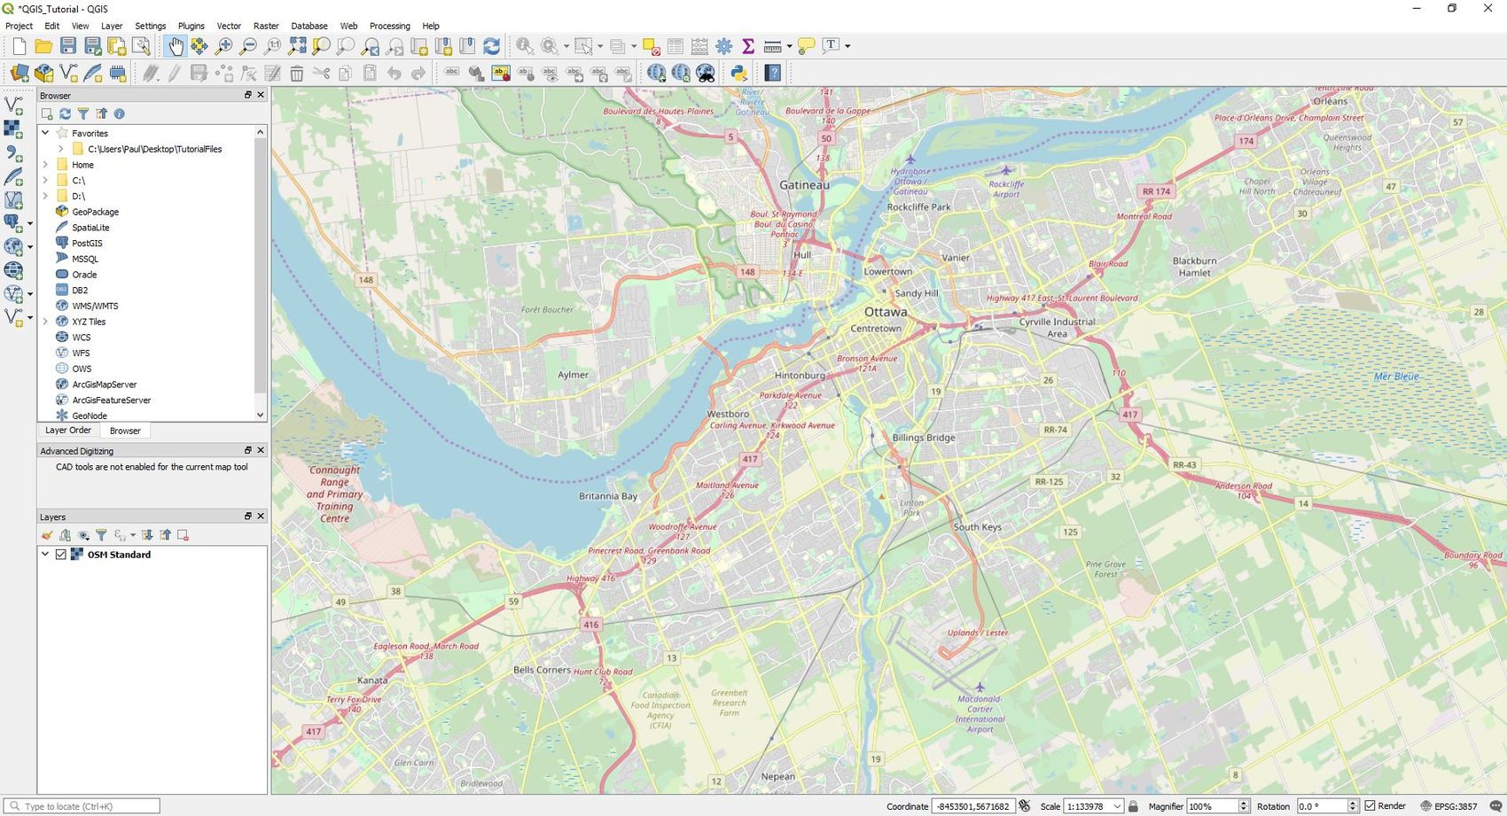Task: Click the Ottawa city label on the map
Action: click(x=886, y=312)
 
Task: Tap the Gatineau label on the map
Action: click(x=804, y=185)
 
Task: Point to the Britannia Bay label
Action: click(x=607, y=496)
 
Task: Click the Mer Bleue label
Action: click(x=1396, y=377)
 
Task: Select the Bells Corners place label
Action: click(x=542, y=670)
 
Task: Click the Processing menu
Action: click(x=389, y=26)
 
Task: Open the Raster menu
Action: click(x=266, y=26)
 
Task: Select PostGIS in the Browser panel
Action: click(x=87, y=243)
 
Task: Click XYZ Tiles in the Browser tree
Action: click(x=89, y=322)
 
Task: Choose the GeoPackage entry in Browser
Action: click(x=95, y=212)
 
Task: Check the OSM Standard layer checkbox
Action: click(x=61, y=555)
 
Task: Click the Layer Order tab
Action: click(x=68, y=431)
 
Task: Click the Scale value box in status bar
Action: click(x=1087, y=806)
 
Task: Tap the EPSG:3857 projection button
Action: click(x=1448, y=806)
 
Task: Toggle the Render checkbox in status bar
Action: click(x=1370, y=805)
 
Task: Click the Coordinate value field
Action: click(x=972, y=806)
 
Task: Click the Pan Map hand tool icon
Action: click(x=176, y=46)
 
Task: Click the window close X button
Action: click(x=1487, y=9)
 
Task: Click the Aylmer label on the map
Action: click(x=573, y=375)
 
